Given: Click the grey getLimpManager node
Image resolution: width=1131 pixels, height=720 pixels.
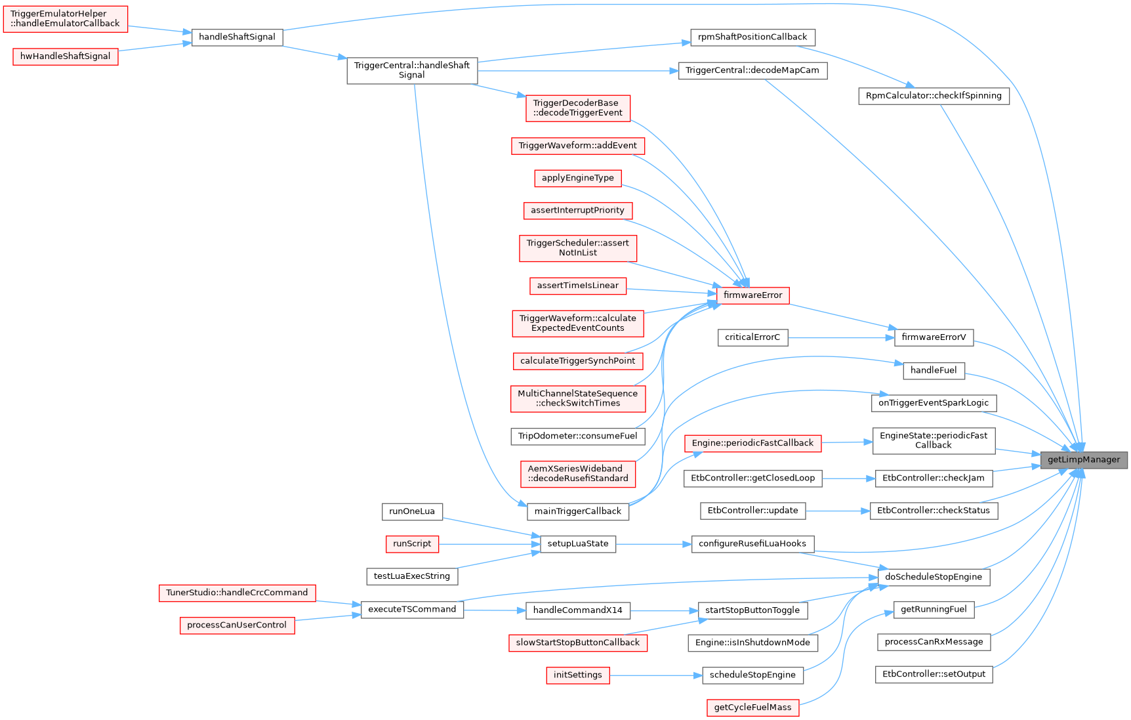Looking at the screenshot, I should click(x=1083, y=459).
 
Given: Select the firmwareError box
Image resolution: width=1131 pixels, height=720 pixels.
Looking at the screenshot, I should click(x=752, y=295).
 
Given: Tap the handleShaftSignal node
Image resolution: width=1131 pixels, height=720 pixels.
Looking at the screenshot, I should click(x=237, y=37).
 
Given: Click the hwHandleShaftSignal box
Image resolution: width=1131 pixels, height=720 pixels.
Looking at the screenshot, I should click(x=65, y=56).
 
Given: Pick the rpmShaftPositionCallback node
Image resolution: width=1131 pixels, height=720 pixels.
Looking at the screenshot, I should click(x=752, y=37).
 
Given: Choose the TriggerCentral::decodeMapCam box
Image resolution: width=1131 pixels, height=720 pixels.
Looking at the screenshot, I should click(x=752, y=70).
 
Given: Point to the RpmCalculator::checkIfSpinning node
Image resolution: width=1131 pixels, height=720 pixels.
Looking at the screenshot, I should click(x=934, y=96).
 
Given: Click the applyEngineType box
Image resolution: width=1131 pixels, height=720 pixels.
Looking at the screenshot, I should click(x=577, y=178).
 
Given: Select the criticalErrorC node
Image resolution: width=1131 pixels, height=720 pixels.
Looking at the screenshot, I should click(x=752, y=337).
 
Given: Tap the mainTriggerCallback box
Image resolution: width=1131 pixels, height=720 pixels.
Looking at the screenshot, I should click(x=577, y=511).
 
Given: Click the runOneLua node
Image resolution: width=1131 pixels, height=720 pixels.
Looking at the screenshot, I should click(x=412, y=511).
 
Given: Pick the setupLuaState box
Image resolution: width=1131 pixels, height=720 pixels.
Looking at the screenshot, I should click(x=577, y=543).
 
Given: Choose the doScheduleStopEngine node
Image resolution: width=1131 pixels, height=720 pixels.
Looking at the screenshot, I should click(x=934, y=577).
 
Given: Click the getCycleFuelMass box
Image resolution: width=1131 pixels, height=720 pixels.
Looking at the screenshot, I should click(x=752, y=708).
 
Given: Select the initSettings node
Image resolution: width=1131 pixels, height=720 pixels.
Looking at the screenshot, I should click(x=577, y=675).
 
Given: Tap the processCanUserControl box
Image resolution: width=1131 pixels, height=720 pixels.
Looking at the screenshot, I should click(x=237, y=625).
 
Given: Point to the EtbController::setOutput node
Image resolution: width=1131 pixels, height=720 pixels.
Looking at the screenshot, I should click(x=934, y=674).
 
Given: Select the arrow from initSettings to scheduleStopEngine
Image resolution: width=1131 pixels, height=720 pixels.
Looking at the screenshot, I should click(x=656, y=675).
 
